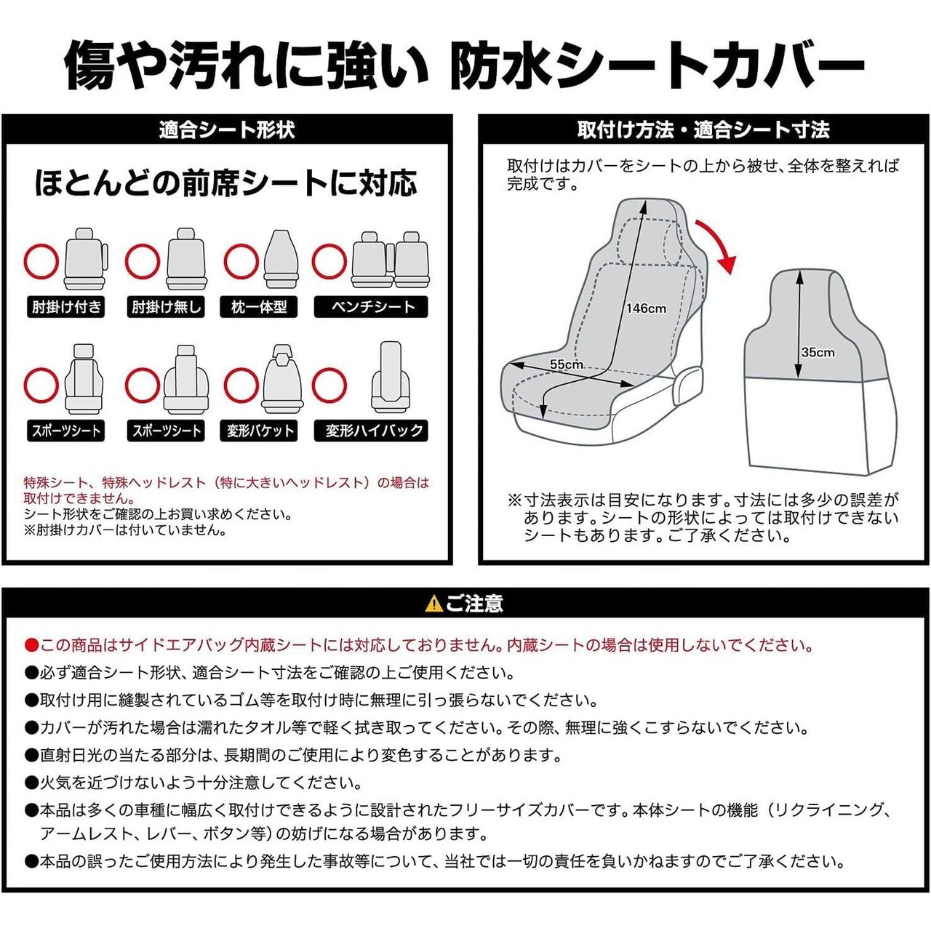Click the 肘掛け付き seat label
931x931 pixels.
click(66, 307)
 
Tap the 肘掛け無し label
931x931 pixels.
click(167, 307)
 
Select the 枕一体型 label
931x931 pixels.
click(259, 307)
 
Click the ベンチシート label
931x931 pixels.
click(372, 307)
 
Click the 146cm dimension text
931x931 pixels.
click(646, 308)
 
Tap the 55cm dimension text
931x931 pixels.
click(566, 364)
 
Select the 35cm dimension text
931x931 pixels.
click(818, 353)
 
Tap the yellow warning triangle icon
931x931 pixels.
click(433, 604)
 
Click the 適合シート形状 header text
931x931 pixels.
click(227, 130)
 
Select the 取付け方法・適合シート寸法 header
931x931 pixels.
click(703, 130)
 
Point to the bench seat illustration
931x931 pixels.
click(391, 260)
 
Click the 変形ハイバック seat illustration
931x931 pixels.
click(390, 377)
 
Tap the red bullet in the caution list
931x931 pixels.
click(31, 645)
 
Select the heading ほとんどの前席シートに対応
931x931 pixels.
click(226, 183)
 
